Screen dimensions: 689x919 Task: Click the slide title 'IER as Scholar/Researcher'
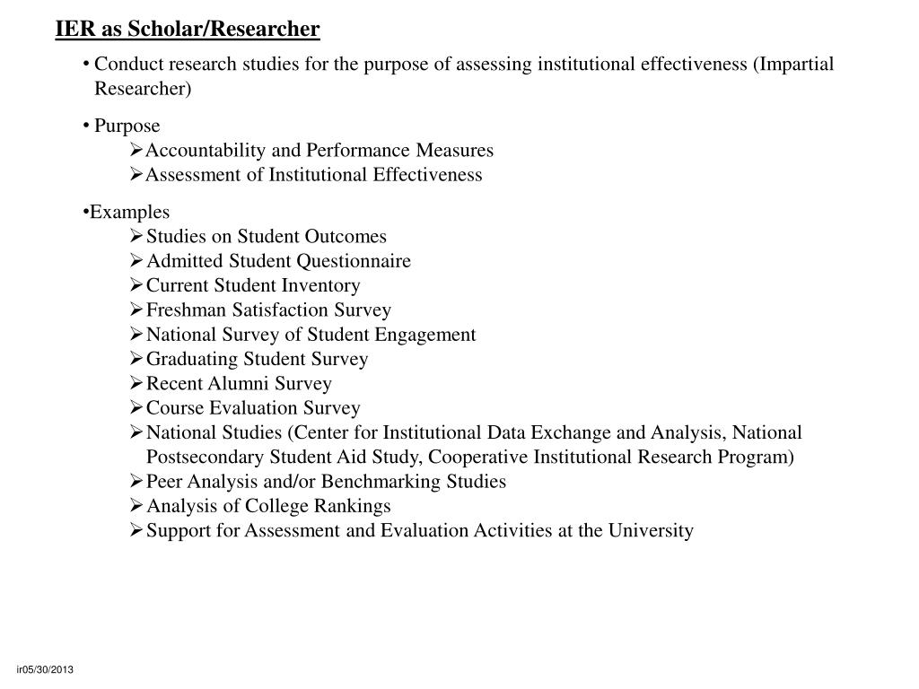click(x=187, y=30)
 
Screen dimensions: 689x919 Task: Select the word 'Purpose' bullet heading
click(x=127, y=126)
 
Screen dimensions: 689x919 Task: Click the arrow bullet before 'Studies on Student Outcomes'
click(x=136, y=236)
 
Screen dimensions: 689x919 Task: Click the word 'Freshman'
click(x=187, y=310)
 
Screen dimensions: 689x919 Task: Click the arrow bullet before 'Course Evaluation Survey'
click(x=136, y=408)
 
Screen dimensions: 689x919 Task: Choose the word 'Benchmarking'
click(x=378, y=482)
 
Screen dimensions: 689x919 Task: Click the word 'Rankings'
click(x=354, y=506)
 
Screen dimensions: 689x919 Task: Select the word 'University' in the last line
click(x=651, y=530)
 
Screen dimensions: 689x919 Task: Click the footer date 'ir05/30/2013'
click(x=45, y=671)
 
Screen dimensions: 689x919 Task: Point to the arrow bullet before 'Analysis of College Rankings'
click(x=136, y=506)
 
